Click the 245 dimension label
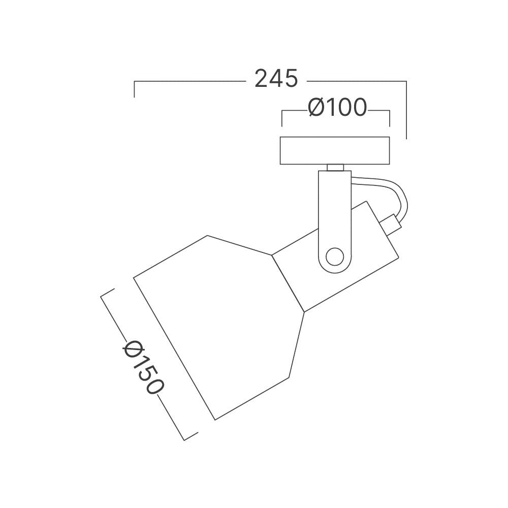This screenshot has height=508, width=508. click(x=276, y=79)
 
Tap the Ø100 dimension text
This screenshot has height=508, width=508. click(x=337, y=107)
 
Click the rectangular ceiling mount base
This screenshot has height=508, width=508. click(x=335, y=151)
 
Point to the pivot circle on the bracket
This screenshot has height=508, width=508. click(x=335, y=258)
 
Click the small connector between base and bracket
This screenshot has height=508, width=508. click(x=335, y=168)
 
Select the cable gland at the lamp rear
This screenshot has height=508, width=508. click(x=390, y=224)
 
